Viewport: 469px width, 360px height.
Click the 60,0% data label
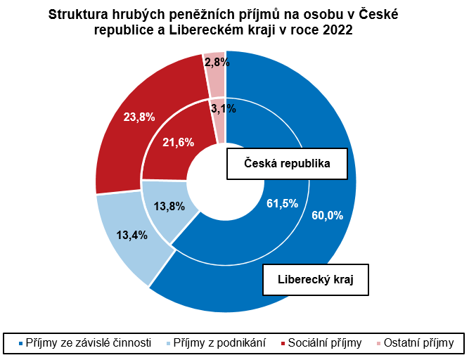point(327,216)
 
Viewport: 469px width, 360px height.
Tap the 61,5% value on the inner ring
point(283,204)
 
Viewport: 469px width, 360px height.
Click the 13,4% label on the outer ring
point(131,235)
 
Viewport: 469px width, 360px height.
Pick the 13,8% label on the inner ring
point(169,207)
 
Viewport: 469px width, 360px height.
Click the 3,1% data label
point(223,108)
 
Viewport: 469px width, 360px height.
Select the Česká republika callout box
point(287,164)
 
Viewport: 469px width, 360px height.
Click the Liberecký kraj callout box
point(316,279)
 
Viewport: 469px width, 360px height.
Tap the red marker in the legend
point(283,343)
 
